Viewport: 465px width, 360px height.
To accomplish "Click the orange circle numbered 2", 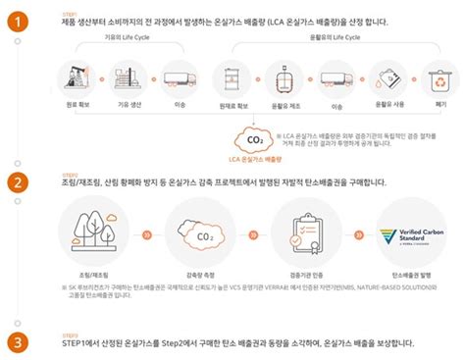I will coord(15,183).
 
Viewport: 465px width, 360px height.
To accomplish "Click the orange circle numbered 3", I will coord(15,342).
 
